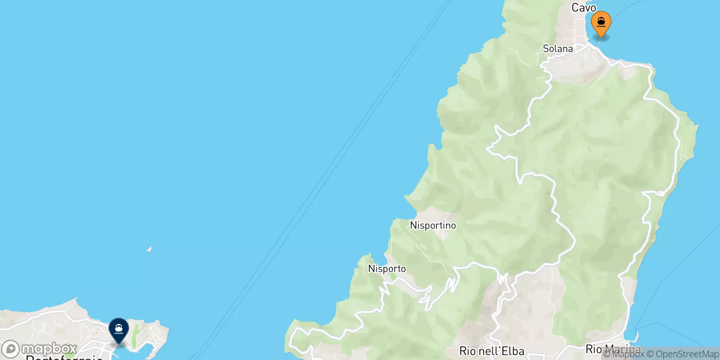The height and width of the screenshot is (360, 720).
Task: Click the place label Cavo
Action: (584, 8)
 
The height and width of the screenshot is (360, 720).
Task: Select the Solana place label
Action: (558, 49)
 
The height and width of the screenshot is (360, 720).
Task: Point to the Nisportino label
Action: (432, 225)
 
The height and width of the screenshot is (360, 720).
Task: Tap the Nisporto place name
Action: (387, 269)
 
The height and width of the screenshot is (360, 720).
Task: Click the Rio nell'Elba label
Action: (491, 351)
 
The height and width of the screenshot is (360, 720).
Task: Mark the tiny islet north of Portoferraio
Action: (149, 249)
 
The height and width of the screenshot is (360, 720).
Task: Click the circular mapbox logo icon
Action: (11, 349)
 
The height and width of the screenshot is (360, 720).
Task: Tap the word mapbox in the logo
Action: (49, 349)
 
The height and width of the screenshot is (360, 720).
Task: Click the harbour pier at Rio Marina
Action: (637, 336)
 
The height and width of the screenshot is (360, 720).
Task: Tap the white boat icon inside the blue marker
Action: (119, 329)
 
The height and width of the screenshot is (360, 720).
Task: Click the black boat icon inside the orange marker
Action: (601, 21)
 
